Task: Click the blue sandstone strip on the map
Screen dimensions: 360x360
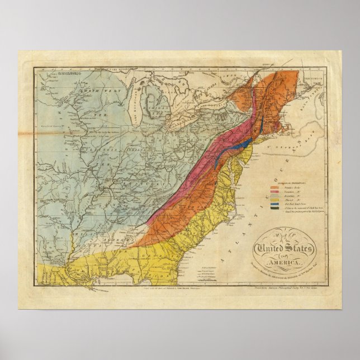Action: pyautogui.click(x=229, y=143)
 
